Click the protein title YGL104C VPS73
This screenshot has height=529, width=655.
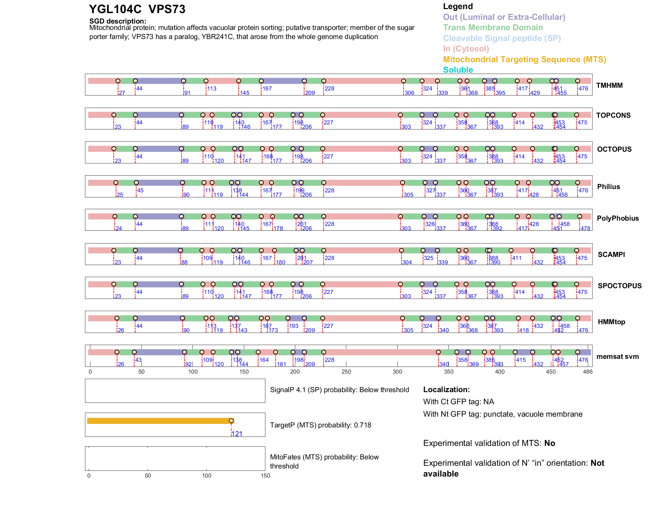pyautogui.click(x=137, y=9)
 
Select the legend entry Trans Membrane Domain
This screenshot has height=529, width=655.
pyautogui.click(x=493, y=28)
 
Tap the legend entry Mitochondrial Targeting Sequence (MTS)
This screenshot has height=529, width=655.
pyautogui.click(x=524, y=60)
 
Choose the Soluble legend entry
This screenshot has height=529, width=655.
pyautogui.click(x=458, y=70)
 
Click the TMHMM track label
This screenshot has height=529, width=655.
pyautogui.click(x=609, y=85)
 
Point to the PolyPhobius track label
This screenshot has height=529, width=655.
pyautogui.click(x=617, y=218)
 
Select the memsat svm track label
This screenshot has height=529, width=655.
pyautogui.click(x=617, y=356)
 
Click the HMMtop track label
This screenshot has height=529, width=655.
pyautogui.click(x=611, y=322)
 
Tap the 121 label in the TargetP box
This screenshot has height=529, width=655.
pyautogui.click(x=237, y=434)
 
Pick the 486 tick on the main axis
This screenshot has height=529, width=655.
pyautogui.click(x=588, y=372)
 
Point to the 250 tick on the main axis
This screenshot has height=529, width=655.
pyautogui.click(x=346, y=372)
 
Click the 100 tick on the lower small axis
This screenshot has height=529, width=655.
pyautogui.click(x=207, y=476)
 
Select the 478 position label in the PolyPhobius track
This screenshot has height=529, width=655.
pyautogui.click(x=585, y=228)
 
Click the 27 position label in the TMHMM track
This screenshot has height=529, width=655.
pyautogui.click(x=122, y=93)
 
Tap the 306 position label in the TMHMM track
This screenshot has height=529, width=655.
pyautogui.click(x=409, y=93)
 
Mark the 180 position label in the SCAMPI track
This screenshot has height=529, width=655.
pyautogui.click(x=280, y=262)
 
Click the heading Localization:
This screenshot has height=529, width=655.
pyautogui.click(x=446, y=389)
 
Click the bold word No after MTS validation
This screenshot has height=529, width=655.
pyautogui.click(x=550, y=443)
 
